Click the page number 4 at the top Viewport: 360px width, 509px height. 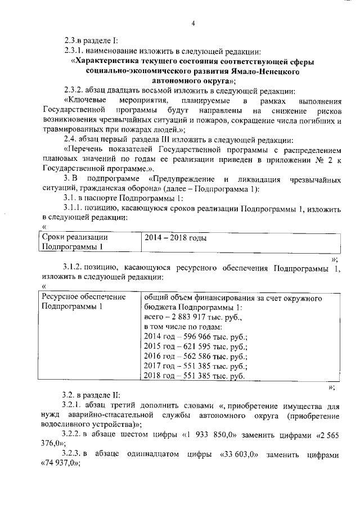(193, 23)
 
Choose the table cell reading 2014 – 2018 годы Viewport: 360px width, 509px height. (175, 238)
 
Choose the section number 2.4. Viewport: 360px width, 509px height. (70, 140)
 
